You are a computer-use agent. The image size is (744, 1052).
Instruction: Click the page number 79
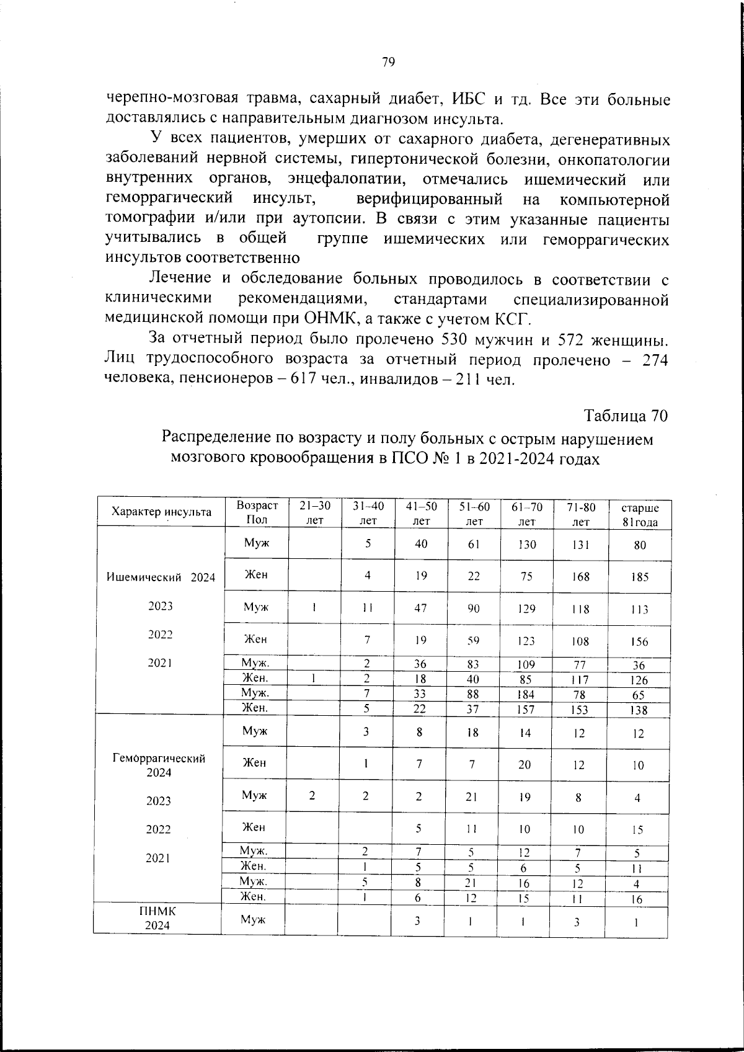coord(389,62)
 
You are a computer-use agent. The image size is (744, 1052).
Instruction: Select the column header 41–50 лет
coord(422,513)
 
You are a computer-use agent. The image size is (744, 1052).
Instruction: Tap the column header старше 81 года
coord(640,515)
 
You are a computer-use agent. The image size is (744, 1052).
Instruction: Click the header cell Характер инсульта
coord(161,512)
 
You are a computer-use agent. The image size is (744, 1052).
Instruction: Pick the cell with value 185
coord(640,577)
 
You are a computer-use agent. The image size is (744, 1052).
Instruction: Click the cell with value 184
coord(526,695)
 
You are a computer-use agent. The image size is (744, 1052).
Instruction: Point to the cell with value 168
coord(580,576)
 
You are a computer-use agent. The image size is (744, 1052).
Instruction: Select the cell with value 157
coord(526,710)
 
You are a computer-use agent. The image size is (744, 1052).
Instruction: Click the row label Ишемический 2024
coord(161,577)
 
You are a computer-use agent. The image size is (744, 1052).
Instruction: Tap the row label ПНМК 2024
coord(157,918)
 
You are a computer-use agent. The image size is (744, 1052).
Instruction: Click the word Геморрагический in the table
coord(159,758)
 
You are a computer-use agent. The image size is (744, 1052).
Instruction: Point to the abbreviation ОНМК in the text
coord(330,319)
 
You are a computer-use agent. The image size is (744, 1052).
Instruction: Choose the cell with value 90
coord(474,608)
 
